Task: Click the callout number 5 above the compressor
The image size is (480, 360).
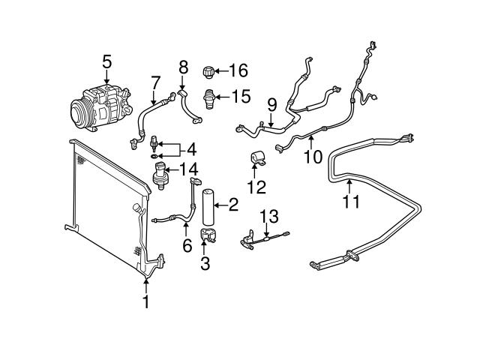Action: click(106, 61)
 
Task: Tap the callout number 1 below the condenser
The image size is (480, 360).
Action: click(146, 302)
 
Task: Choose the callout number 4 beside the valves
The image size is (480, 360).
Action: click(191, 148)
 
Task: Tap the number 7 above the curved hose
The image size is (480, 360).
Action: click(155, 82)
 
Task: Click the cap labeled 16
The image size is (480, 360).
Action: click(209, 73)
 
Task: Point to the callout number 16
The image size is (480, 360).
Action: click(238, 71)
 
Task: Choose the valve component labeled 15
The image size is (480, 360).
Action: click(211, 97)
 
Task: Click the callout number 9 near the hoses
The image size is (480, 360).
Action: click(271, 105)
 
